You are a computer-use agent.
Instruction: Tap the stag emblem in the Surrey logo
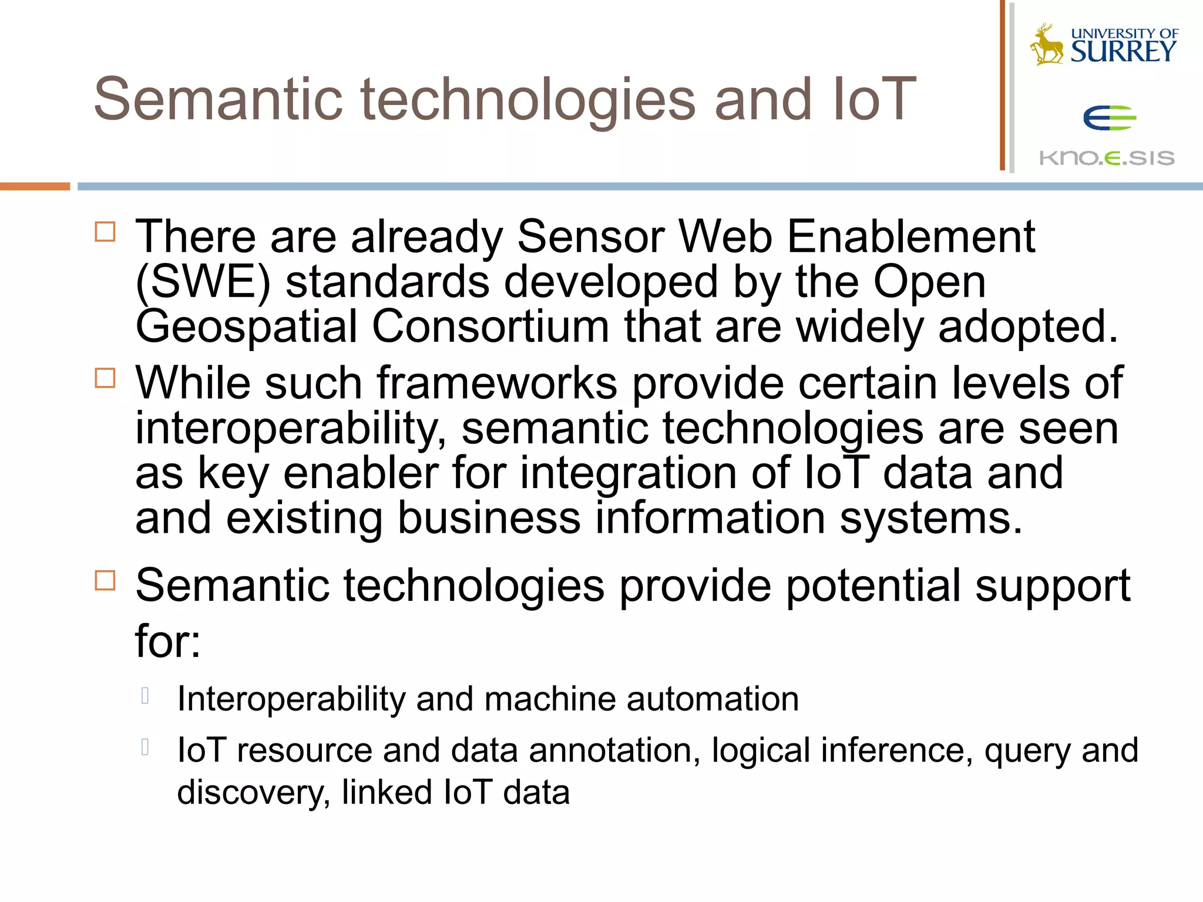(1047, 45)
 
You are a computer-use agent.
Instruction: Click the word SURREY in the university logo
(1124, 52)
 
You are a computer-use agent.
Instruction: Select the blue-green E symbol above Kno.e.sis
(1110, 118)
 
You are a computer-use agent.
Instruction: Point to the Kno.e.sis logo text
(1107, 158)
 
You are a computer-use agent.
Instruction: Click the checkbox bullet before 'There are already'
(105, 232)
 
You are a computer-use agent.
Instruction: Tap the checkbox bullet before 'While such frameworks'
(105, 378)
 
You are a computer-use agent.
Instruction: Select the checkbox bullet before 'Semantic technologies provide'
(105, 581)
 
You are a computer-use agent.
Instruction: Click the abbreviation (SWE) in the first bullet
(203, 282)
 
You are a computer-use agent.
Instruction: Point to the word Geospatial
(246, 327)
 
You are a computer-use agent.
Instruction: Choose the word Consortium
(490, 327)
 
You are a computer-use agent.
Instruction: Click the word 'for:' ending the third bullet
(168, 641)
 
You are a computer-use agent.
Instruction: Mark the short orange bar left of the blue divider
(35, 187)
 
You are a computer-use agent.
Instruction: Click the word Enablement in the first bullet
(910, 237)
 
